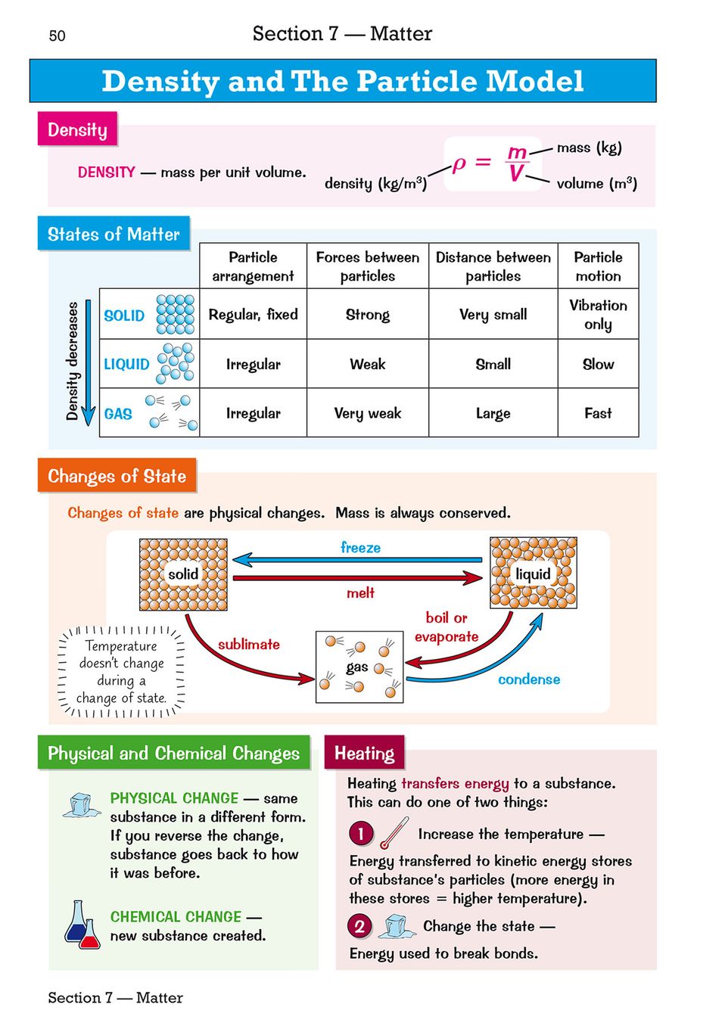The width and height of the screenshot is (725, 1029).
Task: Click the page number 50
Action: click(57, 36)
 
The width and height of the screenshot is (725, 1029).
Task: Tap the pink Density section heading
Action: click(77, 129)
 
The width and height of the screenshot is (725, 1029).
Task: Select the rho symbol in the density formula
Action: click(459, 163)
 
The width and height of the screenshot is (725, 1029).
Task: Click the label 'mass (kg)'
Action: click(589, 148)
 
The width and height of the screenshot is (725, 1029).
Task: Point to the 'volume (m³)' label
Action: click(596, 183)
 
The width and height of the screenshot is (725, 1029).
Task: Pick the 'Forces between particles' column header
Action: click(368, 266)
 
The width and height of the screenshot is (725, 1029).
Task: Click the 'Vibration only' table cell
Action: click(598, 314)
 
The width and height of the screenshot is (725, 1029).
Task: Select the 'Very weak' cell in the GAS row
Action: click(368, 413)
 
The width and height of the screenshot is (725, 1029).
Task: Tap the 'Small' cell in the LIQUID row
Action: click(493, 364)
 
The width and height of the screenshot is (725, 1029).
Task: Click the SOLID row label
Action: click(124, 316)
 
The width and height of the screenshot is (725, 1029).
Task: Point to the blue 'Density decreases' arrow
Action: click(89, 363)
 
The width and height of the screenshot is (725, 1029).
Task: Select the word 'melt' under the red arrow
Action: click(360, 593)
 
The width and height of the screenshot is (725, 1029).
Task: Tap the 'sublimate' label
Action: click(248, 645)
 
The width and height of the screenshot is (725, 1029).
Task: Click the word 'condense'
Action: click(529, 679)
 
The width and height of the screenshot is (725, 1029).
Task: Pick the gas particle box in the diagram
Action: click(359, 667)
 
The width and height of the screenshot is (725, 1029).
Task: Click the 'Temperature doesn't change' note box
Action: click(121, 671)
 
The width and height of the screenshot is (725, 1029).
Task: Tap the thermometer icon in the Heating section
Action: click(394, 833)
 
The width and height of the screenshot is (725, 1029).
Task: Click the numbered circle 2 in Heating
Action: click(359, 926)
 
